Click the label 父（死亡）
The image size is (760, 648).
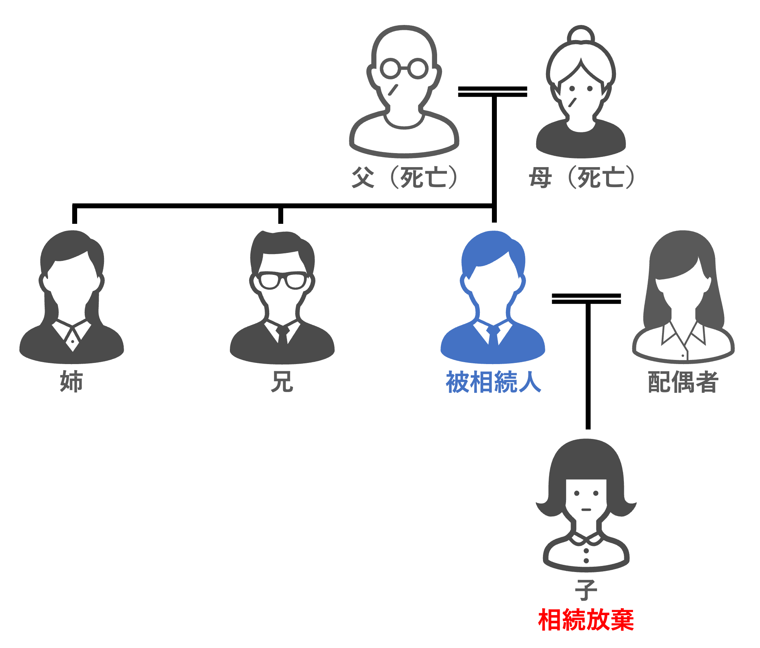405,177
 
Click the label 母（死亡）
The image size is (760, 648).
582,177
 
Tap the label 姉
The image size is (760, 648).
71,381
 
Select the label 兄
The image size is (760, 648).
282,381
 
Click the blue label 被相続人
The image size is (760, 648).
493,382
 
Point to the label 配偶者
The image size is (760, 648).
683,382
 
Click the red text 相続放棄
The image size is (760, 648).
586,620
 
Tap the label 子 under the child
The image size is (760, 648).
586,590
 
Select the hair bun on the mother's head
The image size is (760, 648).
581,34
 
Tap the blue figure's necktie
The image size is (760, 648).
493,335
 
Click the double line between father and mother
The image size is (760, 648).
492,91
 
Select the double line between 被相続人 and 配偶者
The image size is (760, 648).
586,299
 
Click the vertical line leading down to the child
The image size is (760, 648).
588,367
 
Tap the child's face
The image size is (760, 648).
586,499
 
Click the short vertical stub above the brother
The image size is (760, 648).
281,215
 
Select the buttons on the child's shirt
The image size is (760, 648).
586,556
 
